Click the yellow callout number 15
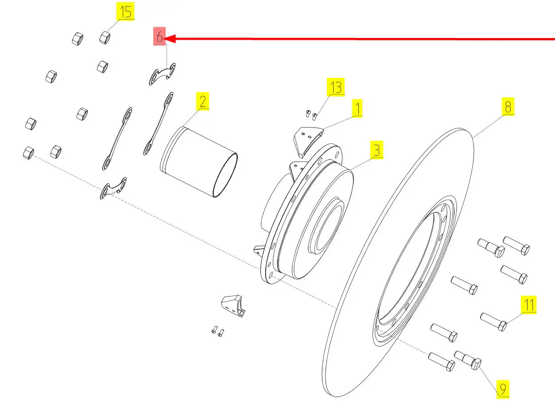125,12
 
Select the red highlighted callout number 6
159,36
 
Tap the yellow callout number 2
202,101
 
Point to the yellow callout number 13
335,87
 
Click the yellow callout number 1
357,108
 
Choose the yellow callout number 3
376,150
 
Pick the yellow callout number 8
508,107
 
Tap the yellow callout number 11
528,305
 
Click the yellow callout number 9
503,390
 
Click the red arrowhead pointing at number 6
170,39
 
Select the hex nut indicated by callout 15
105,38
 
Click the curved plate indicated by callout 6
162,74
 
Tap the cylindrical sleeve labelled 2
199,162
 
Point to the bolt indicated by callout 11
493,322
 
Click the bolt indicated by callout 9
468,360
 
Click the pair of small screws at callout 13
311,115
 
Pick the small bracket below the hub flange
233,306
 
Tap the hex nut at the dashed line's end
28,153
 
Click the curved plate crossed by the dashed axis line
113,188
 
